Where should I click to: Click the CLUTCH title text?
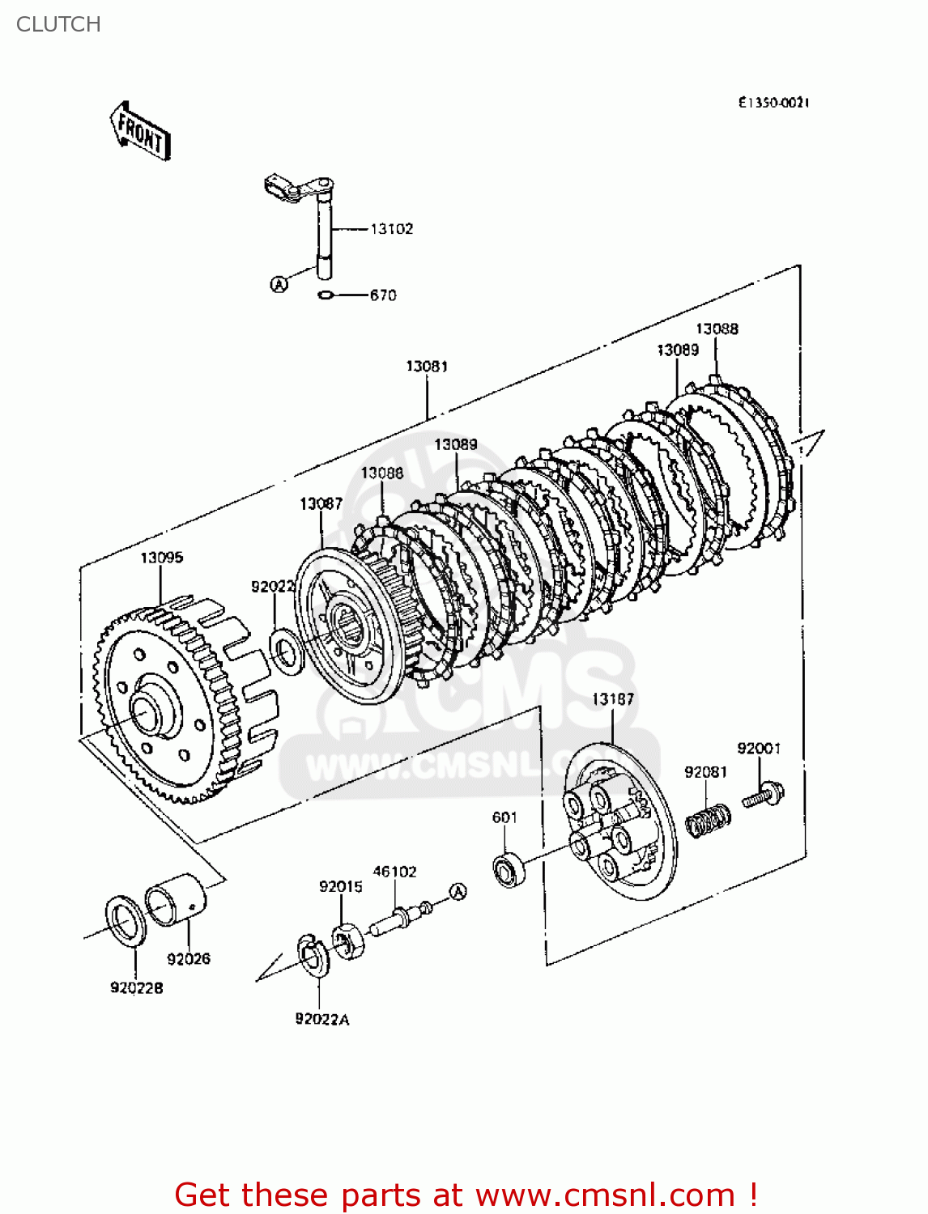(x=58, y=24)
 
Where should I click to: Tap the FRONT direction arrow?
(x=140, y=132)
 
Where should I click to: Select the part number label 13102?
(x=392, y=229)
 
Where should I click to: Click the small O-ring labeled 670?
(x=326, y=295)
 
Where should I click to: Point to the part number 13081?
(x=427, y=366)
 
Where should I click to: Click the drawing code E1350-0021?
(x=773, y=103)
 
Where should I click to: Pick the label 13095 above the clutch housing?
(x=162, y=558)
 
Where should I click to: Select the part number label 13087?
(x=321, y=503)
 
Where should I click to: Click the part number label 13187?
(x=613, y=698)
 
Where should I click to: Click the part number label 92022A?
(x=322, y=1019)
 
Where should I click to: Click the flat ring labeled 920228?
(x=126, y=920)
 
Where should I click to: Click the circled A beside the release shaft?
(x=279, y=284)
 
